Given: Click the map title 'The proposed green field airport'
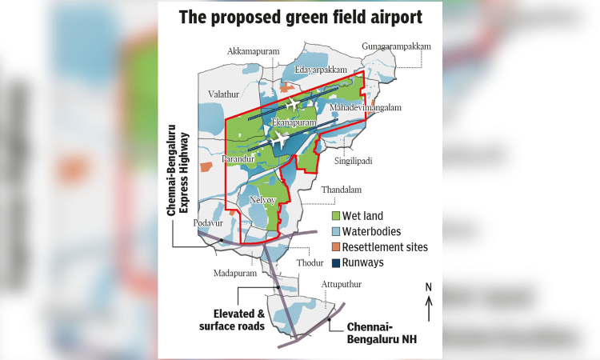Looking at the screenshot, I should [x=299, y=17].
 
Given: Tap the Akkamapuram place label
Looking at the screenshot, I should [x=253, y=51].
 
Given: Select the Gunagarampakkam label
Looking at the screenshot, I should [x=395, y=46].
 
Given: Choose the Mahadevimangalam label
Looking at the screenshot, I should [x=365, y=107].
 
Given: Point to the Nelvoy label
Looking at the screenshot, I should [x=262, y=199].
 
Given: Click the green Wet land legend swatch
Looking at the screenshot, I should [x=336, y=216].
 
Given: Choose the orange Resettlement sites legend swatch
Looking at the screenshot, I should [x=336, y=246].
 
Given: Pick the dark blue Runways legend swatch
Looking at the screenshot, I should [x=336, y=262].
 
